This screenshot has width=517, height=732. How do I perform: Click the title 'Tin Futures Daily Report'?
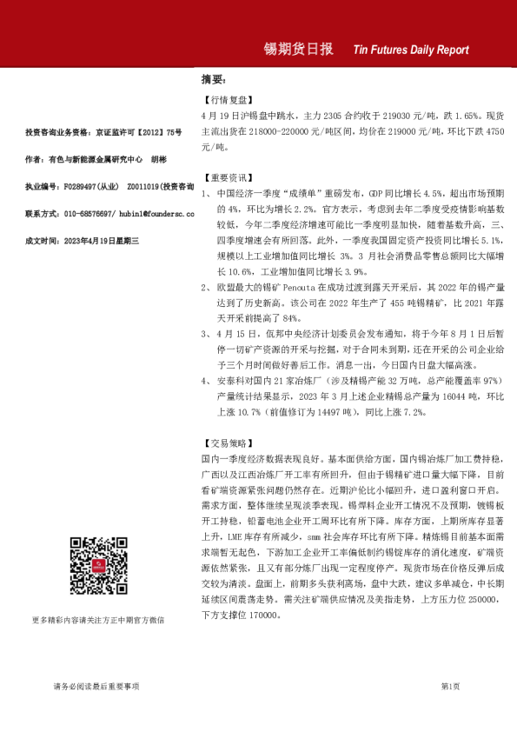pyautogui.click(x=411, y=50)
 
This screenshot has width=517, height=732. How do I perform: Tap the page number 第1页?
pyautogui.click(x=450, y=687)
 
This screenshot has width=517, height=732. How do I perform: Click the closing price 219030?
pyautogui.click(x=394, y=115)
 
